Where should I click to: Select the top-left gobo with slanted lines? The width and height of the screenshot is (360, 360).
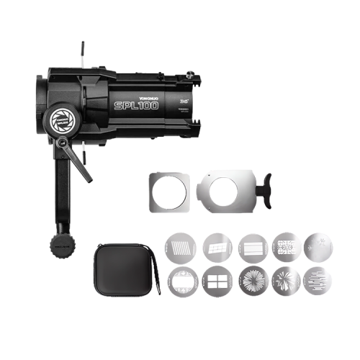pyautogui.click(x=181, y=248)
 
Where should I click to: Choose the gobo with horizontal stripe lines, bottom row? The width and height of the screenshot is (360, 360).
pyautogui.click(x=318, y=279)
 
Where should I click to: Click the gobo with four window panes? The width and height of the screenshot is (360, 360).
pyautogui.click(x=215, y=279)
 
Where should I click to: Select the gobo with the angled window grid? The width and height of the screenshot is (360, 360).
pyautogui.click(x=215, y=248)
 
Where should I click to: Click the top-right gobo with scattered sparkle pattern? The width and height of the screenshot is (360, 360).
pyautogui.click(x=318, y=246)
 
